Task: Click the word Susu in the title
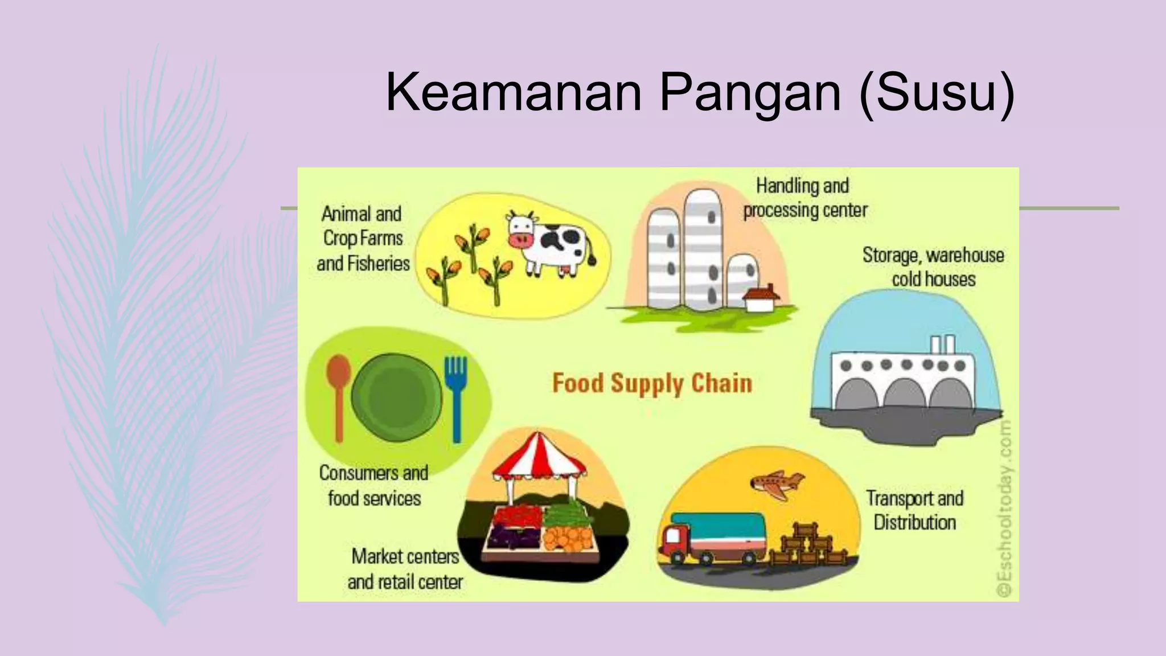tap(937, 93)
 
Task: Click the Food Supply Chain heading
tap(652, 383)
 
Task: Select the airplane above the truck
tap(777, 485)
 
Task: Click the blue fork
tap(455, 399)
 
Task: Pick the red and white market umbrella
tap(540, 459)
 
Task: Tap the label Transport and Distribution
tap(914, 510)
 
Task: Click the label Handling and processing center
tap(804, 198)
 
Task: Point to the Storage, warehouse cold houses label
tap(933, 267)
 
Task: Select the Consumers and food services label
tap(374, 486)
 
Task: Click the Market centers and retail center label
tap(405, 569)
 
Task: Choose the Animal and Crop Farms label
tap(363, 239)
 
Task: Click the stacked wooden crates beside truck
tap(808, 547)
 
